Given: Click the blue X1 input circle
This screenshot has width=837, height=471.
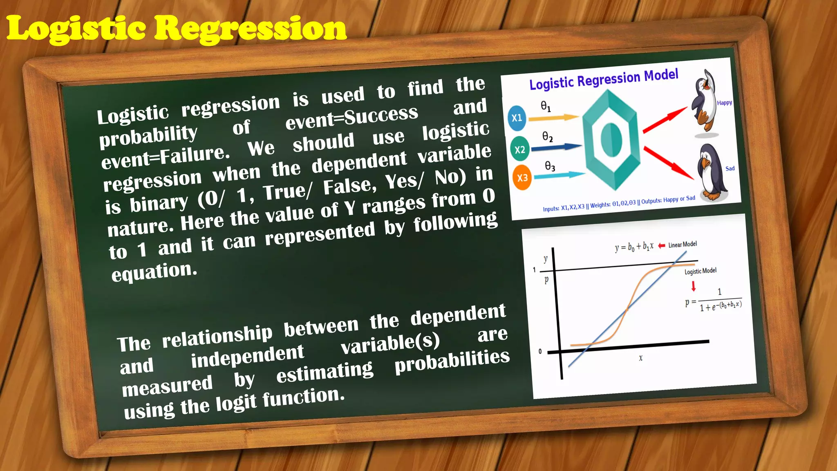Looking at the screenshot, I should click(x=517, y=118).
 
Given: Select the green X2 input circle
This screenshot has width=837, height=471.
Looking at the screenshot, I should click(x=520, y=150).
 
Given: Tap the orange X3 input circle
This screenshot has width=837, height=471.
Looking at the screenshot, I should click(x=522, y=178).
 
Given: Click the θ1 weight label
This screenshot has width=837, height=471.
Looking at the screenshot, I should click(x=546, y=107).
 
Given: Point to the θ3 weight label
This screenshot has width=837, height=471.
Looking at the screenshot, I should click(x=550, y=166).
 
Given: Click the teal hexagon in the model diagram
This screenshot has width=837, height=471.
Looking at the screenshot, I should click(x=611, y=141).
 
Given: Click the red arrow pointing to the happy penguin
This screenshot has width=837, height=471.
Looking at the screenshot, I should click(x=665, y=119).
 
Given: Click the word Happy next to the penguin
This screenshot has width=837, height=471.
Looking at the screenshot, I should click(x=725, y=103).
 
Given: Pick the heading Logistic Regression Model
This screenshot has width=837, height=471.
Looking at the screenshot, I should click(x=604, y=79).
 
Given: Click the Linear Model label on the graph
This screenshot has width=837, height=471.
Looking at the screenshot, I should click(x=683, y=244).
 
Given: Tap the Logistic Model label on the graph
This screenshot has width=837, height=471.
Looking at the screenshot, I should click(x=700, y=271).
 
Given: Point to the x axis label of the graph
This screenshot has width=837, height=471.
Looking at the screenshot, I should click(x=640, y=358).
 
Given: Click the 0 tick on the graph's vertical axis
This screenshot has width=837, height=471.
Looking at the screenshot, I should click(x=540, y=352).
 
